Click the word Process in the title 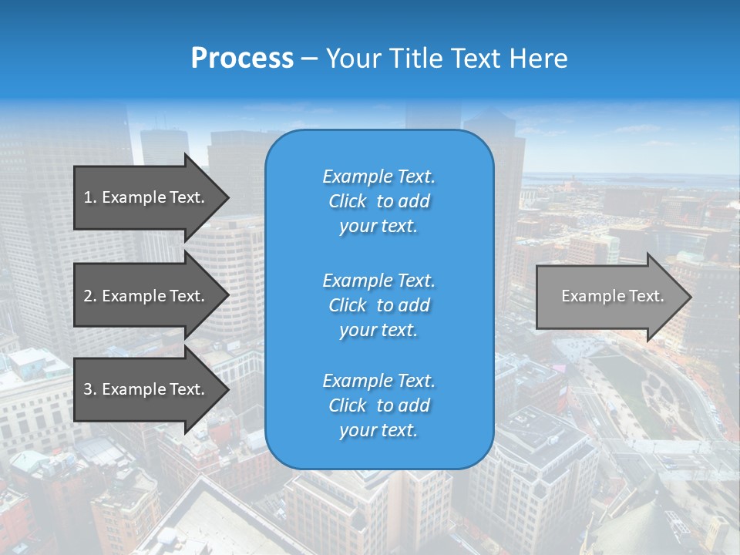pyautogui.click(x=242, y=59)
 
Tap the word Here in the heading pyautogui.click(x=539, y=59)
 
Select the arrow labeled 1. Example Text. pyautogui.click(x=146, y=197)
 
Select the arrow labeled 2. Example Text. pyautogui.click(x=146, y=296)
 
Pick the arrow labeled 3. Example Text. pyautogui.click(x=146, y=389)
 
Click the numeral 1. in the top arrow pyautogui.click(x=89, y=197)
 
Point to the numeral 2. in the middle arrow pyautogui.click(x=89, y=296)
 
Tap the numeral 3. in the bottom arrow pyautogui.click(x=89, y=389)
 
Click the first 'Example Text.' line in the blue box pyautogui.click(x=378, y=177)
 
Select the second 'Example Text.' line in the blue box pyautogui.click(x=378, y=280)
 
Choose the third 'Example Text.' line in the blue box pyautogui.click(x=378, y=381)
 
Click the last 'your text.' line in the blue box pyautogui.click(x=378, y=431)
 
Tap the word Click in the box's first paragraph pyautogui.click(x=348, y=201)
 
